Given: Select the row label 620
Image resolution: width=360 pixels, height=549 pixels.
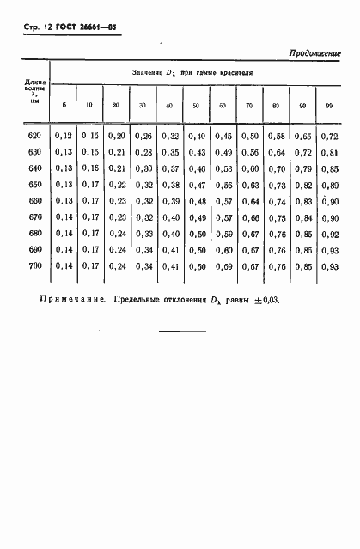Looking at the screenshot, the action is click(x=34, y=136).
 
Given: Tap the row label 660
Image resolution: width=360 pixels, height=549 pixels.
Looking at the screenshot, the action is click(x=34, y=201).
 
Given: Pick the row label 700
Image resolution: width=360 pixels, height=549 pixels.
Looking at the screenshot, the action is click(x=34, y=266).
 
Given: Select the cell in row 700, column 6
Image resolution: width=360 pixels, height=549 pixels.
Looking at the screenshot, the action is click(x=63, y=266).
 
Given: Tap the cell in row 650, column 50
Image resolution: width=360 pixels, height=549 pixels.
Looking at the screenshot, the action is click(x=197, y=185).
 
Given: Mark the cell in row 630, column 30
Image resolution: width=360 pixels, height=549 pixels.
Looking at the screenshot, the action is click(x=143, y=152).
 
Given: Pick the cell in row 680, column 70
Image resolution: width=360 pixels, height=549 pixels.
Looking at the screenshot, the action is click(x=250, y=234).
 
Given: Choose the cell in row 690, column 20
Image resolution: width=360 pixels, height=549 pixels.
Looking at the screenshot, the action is click(x=117, y=250).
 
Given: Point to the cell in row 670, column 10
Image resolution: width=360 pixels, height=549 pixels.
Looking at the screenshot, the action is click(x=89, y=217).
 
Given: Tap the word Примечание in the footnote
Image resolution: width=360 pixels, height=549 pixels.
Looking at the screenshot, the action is click(x=71, y=302).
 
